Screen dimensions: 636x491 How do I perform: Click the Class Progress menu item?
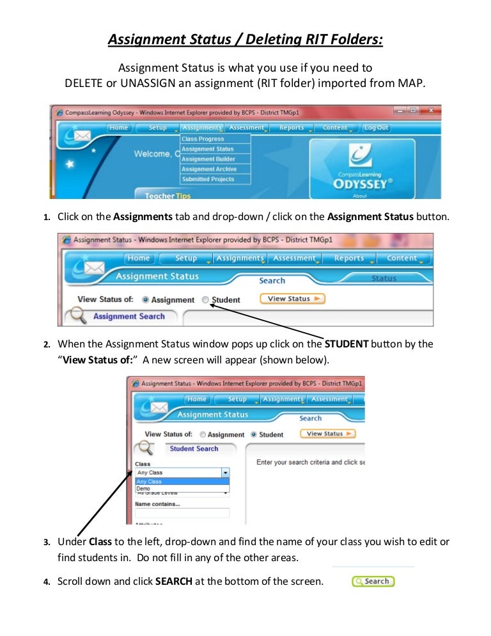(203, 139)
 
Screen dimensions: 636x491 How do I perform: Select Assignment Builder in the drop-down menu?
(208, 159)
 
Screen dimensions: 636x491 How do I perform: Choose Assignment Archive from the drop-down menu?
(208, 170)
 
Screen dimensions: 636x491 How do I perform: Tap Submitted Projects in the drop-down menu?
(208, 180)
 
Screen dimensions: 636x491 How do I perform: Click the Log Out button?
(376, 128)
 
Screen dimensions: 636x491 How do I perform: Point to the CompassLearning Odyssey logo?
(362, 170)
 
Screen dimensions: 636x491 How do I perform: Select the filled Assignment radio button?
(146, 299)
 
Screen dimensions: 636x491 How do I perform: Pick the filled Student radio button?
(254, 434)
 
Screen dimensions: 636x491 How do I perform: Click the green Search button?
(373, 582)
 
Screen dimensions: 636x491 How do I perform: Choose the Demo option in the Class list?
(143, 488)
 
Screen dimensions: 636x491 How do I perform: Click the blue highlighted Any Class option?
(149, 481)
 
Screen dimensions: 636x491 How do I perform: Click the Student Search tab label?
(194, 449)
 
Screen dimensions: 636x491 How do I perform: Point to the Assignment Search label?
(129, 316)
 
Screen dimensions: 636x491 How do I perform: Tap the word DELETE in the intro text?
(84, 83)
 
